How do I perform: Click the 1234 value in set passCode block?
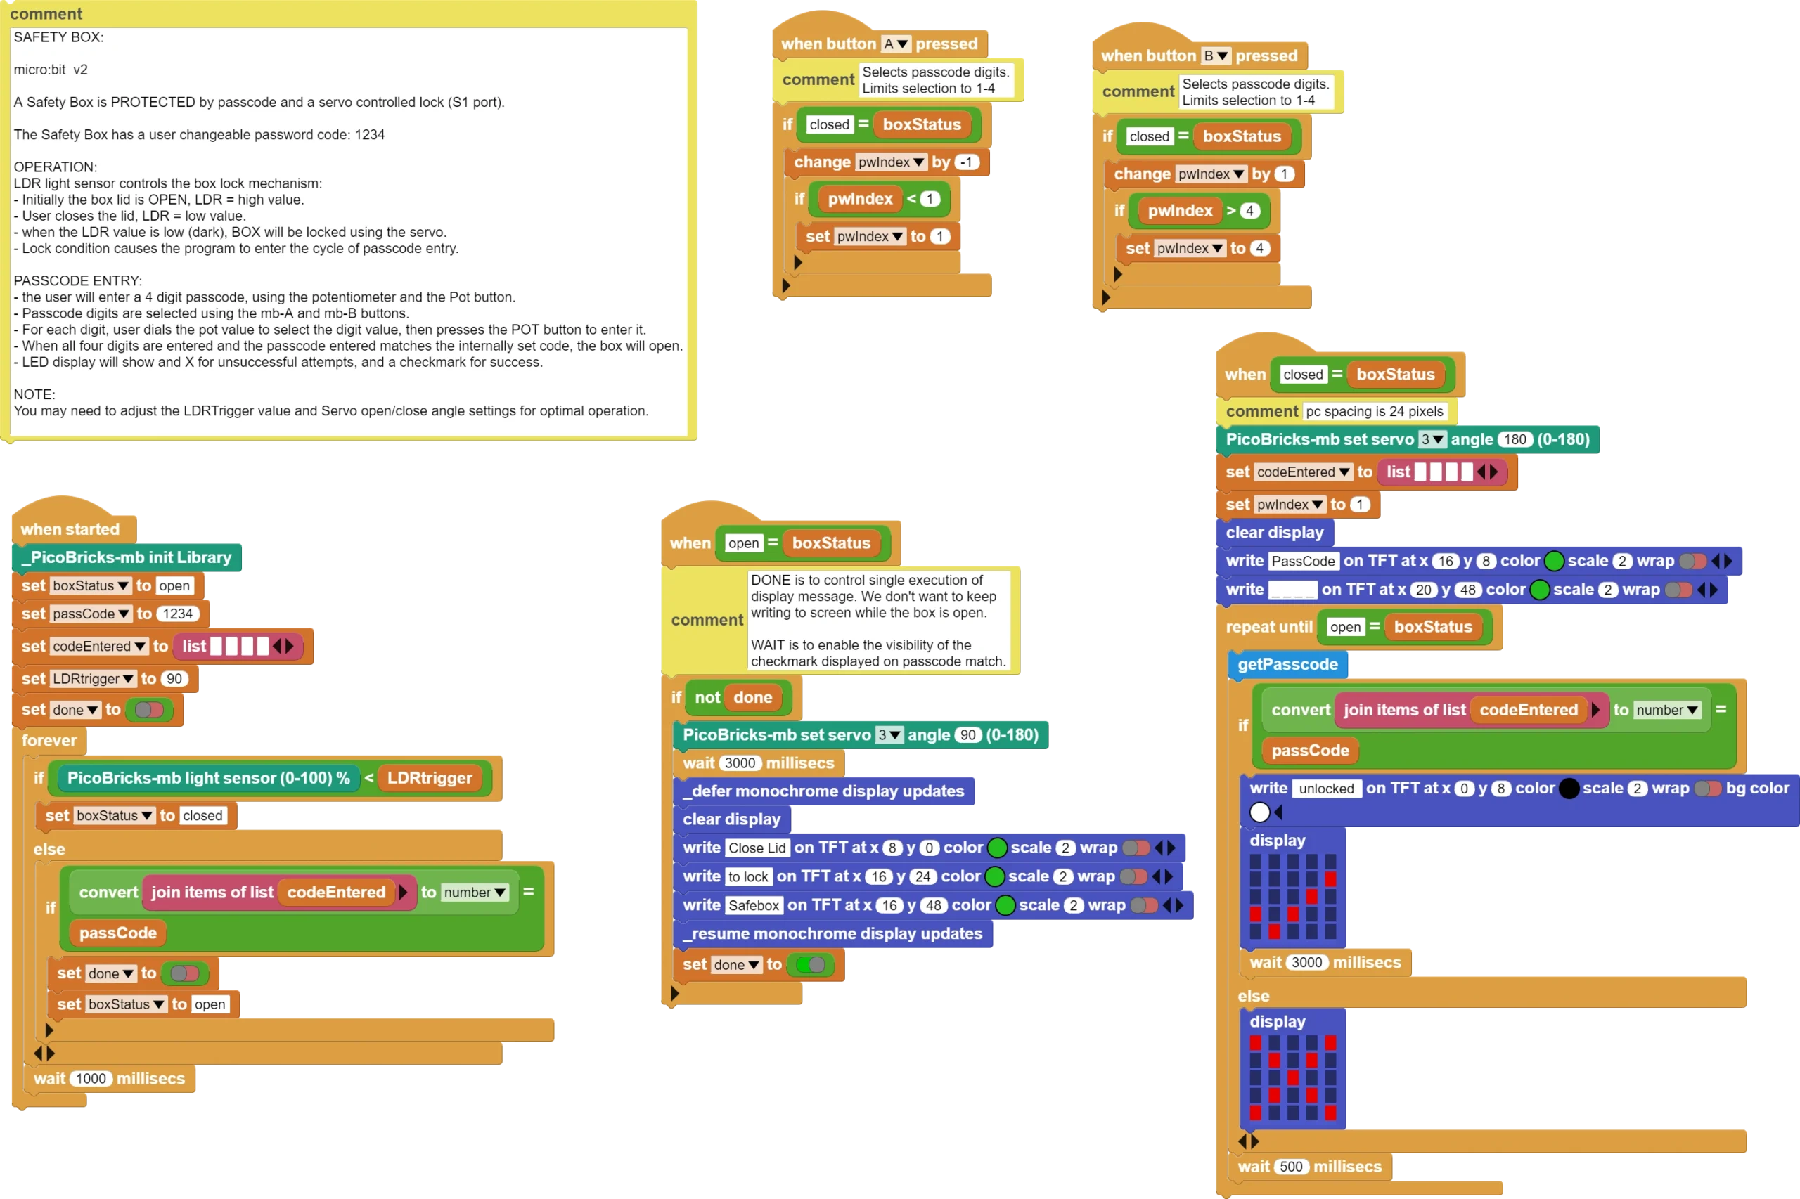click(177, 614)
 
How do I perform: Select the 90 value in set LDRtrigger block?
click(174, 679)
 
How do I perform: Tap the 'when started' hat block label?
click(70, 529)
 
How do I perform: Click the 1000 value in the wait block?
click(91, 1079)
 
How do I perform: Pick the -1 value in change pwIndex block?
click(967, 162)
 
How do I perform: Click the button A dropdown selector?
click(895, 44)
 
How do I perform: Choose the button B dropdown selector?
click(1216, 56)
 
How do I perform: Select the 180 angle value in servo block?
click(1515, 440)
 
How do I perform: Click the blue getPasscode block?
click(1287, 664)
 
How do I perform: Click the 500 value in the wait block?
click(1290, 1167)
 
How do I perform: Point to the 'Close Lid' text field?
click(757, 848)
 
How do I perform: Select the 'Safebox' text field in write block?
click(753, 906)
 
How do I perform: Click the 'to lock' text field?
click(747, 877)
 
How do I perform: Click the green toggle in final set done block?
click(810, 965)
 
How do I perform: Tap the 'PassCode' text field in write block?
click(1304, 562)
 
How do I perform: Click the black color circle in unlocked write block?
click(1568, 789)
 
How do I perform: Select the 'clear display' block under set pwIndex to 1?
click(1275, 533)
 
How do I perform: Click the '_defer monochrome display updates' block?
click(824, 791)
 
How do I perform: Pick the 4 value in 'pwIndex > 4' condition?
click(1249, 211)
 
